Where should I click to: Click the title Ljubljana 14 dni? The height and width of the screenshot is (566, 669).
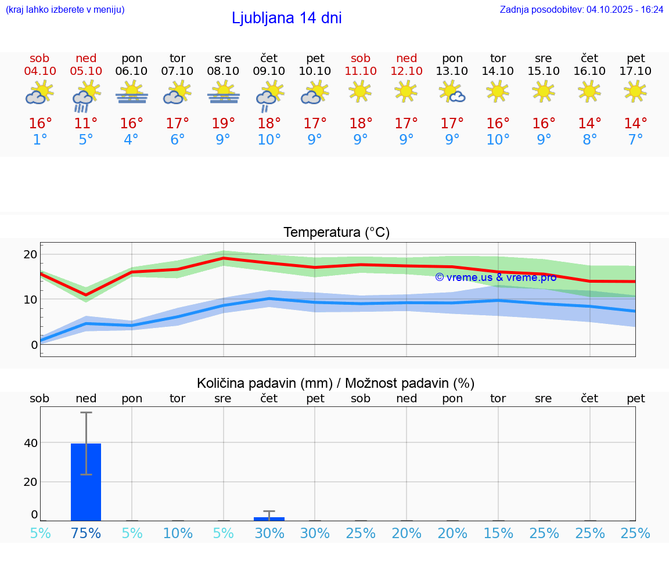(286, 18)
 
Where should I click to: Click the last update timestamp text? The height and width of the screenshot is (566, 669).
(581, 9)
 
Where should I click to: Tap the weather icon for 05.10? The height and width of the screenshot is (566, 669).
(86, 96)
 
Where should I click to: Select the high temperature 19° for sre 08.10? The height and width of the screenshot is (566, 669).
(223, 124)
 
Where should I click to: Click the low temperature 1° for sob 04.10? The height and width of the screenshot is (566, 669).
(40, 140)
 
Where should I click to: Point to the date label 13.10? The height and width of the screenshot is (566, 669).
(452, 71)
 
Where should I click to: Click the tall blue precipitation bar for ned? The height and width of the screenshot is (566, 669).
(86, 482)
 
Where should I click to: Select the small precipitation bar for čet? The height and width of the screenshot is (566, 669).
(269, 518)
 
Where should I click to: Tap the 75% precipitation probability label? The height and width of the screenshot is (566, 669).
(86, 533)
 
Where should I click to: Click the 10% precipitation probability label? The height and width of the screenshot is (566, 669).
(178, 533)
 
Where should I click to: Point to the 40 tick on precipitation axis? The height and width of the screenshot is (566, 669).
(30, 443)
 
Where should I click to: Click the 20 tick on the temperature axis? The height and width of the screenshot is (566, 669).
(30, 254)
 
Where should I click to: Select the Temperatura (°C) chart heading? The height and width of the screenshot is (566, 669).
(336, 233)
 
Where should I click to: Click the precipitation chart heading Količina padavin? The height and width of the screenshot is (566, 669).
(336, 383)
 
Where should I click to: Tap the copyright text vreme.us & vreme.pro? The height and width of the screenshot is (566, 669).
(495, 277)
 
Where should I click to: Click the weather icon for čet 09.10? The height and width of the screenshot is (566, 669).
(269, 96)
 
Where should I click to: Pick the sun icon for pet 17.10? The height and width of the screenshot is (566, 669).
(635, 91)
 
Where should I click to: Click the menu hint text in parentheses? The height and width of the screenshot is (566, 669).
(65, 9)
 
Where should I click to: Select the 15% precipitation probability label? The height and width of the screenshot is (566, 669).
(498, 533)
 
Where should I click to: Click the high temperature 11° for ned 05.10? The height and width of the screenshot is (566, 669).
(86, 124)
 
